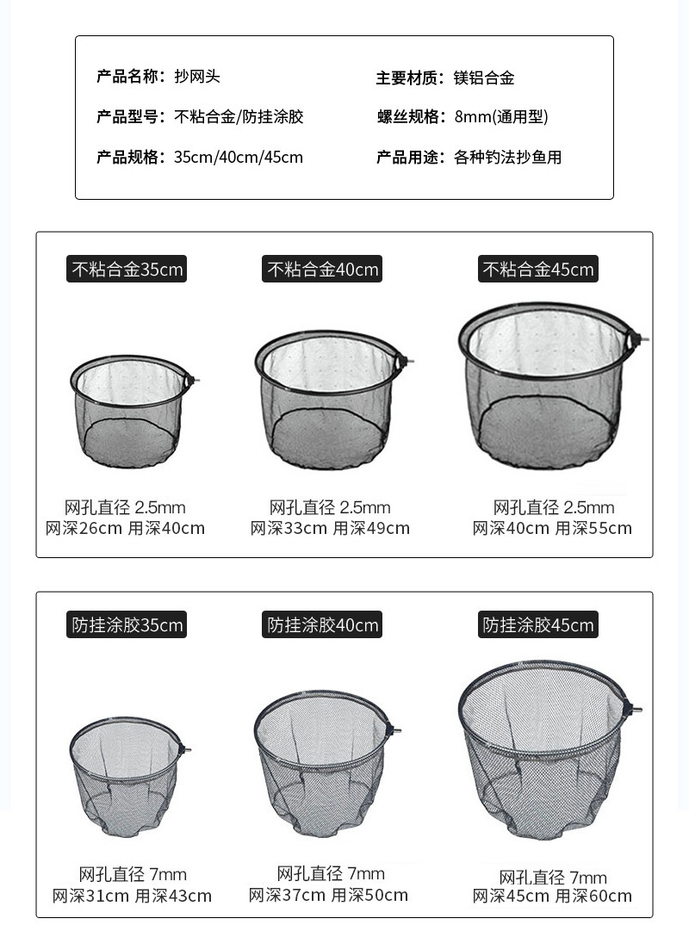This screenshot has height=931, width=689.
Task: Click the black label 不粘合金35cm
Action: (127, 269)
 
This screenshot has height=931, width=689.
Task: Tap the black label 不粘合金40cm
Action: (322, 269)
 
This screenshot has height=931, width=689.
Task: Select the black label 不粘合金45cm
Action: (538, 269)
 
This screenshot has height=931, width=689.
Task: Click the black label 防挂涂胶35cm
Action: (127, 624)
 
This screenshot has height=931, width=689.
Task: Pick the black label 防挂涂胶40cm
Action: (322, 624)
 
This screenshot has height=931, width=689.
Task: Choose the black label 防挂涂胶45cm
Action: (538, 624)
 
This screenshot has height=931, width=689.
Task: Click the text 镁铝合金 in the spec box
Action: (484, 78)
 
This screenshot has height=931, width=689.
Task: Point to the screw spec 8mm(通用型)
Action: (501, 116)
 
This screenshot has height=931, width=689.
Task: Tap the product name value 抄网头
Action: (197, 77)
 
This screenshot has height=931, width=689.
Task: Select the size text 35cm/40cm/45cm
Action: (239, 158)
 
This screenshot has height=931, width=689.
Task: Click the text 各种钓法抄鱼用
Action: (508, 158)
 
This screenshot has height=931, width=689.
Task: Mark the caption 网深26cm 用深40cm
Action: (126, 528)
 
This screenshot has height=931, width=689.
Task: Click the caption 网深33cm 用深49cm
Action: (330, 528)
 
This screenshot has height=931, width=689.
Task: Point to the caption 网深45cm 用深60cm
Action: (552, 896)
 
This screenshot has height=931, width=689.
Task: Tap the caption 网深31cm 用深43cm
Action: (132, 896)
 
